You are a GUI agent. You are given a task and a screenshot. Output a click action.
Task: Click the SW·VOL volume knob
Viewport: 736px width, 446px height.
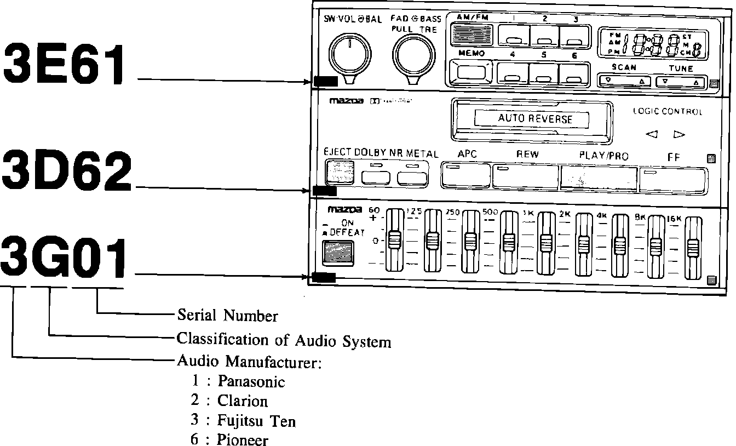tap(348, 56)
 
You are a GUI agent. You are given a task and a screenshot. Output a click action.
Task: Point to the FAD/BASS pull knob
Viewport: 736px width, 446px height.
tap(415, 56)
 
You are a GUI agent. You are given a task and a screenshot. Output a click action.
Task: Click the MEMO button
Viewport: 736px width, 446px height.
tap(470, 72)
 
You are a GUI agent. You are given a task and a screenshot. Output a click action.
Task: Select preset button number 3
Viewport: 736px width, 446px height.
tap(574, 38)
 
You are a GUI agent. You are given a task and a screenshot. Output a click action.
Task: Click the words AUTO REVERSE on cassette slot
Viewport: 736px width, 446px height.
tap(535, 119)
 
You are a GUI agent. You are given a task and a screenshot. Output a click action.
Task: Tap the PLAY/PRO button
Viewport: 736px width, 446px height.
tap(599, 178)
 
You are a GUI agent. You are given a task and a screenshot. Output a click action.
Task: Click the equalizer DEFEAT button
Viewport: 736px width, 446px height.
tap(339, 252)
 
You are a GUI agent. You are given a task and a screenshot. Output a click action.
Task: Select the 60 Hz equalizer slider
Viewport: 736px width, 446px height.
tap(394, 240)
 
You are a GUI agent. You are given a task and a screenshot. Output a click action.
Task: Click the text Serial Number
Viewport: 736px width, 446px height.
tap(227, 316)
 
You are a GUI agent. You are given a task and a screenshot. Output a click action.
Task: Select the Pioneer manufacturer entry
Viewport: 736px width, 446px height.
tap(243, 439)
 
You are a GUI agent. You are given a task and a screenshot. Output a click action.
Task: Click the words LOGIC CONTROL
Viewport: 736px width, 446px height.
tap(667, 112)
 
